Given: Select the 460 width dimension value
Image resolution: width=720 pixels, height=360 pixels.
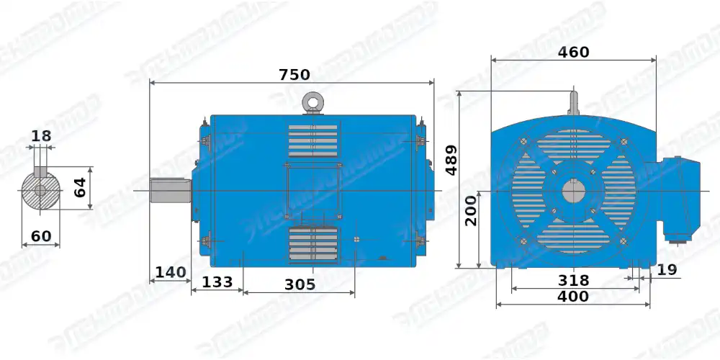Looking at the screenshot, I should (573, 52).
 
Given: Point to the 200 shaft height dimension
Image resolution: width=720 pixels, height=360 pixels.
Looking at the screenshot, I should (471, 211).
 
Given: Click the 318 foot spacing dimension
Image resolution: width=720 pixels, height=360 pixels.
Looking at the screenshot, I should (573, 280).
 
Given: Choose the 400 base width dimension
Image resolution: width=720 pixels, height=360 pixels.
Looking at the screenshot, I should (573, 296).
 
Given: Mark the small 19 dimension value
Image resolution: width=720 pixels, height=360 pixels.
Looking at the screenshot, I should (667, 270).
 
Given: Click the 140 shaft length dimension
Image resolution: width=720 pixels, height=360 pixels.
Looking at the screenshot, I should (171, 272).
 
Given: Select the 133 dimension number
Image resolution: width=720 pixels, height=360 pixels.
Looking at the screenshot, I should (217, 282).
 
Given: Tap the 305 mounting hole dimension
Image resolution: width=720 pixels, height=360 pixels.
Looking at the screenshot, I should (300, 284).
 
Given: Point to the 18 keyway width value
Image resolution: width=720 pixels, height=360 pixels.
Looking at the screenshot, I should (41, 136).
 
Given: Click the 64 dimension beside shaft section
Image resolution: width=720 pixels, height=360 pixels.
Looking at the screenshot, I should (81, 188).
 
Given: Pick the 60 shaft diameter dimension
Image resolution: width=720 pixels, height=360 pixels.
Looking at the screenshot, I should (41, 236).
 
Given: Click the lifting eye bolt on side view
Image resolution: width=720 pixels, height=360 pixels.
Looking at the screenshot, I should (313, 103).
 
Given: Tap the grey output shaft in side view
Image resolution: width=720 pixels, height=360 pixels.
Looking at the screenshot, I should (170, 190).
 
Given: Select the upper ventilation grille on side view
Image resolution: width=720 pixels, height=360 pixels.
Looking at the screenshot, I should (313, 140).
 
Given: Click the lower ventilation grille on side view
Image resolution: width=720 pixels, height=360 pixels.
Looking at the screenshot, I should (313, 243).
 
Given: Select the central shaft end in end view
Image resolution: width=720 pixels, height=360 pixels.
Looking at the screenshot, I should (574, 192).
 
